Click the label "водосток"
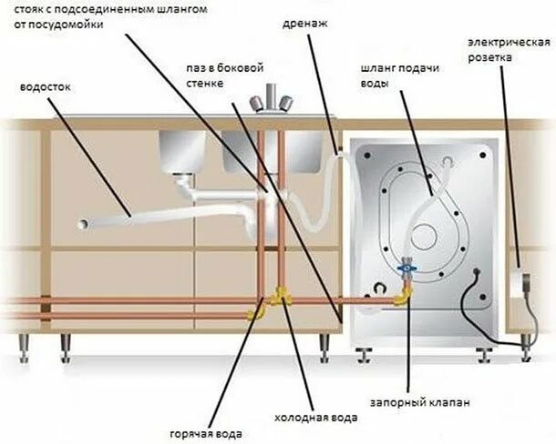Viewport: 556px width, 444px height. (x=45, y=88)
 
